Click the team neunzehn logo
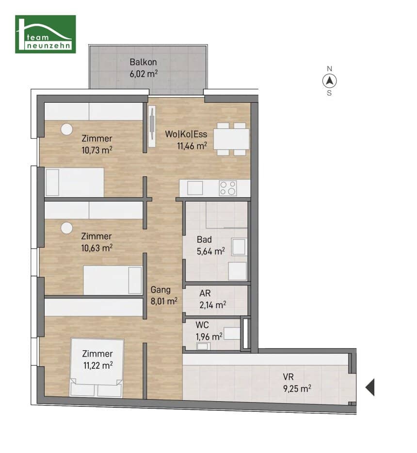point(46,34)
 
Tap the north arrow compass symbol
point(329,81)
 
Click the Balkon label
point(143,62)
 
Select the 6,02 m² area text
point(144,74)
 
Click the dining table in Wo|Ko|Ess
point(231,139)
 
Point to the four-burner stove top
point(228,188)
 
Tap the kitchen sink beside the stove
point(195,188)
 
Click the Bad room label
point(204,239)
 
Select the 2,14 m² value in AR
point(213,305)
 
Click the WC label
point(202,325)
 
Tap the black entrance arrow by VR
point(370,387)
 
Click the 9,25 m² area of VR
point(297,389)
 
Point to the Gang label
point(160,290)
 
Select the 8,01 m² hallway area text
point(164,301)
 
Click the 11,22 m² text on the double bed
point(98,365)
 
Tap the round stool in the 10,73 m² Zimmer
point(67,129)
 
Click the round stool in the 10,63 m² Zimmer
point(67,228)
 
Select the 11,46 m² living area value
point(192,146)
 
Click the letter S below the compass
point(329,93)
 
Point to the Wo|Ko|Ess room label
point(186,134)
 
